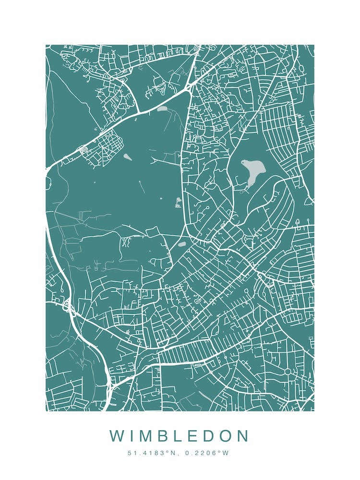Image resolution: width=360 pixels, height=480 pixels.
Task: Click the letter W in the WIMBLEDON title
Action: coord(117,436)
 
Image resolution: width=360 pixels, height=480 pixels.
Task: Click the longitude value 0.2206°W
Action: coord(204,453)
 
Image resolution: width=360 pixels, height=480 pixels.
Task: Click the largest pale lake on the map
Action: coord(253,170)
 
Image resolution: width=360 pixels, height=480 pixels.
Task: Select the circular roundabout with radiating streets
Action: coord(288,372)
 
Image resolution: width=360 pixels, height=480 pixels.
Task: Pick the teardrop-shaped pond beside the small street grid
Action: coord(127,156)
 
